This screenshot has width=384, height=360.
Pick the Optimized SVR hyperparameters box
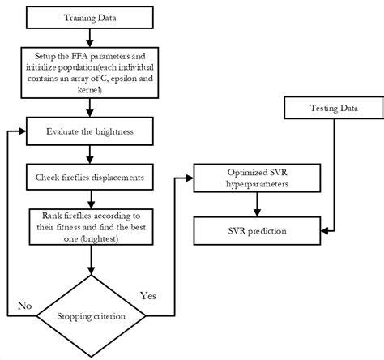tap(256, 181)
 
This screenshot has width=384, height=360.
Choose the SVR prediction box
tap(256, 234)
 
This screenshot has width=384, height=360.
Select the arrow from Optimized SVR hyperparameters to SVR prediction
tap(256, 207)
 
